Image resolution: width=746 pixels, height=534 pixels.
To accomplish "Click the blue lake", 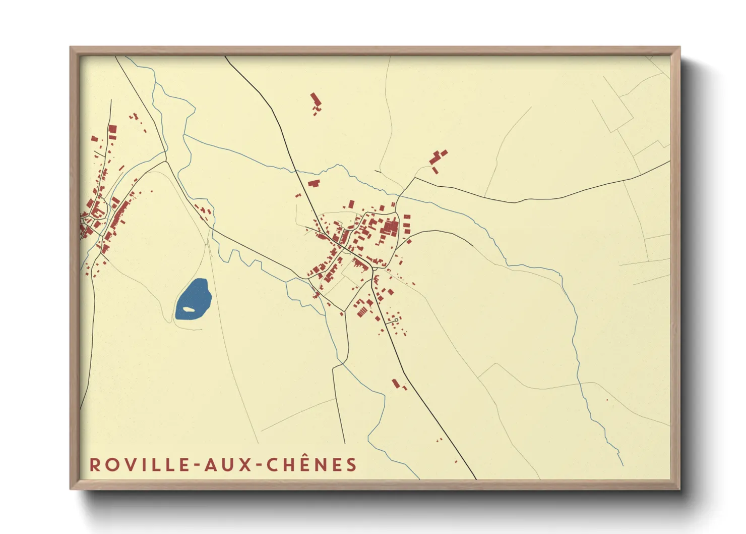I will point(194,298).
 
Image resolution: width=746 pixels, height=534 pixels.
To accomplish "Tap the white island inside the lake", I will point(189,309).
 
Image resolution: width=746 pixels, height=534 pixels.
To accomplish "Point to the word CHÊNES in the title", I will point(312,465).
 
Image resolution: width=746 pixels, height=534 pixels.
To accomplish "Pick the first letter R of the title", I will point(94,465).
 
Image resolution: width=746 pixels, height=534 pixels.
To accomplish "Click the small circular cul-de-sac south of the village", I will point(397,320).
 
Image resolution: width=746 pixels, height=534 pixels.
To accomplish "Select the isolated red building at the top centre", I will point(316,101).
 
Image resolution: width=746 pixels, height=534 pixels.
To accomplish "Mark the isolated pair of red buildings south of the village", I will point(398,385).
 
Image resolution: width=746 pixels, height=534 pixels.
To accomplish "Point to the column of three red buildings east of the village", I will point(407,225).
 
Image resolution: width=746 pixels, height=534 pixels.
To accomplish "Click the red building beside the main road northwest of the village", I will point(314,182).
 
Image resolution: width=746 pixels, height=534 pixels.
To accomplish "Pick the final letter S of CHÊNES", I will point(352,465).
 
